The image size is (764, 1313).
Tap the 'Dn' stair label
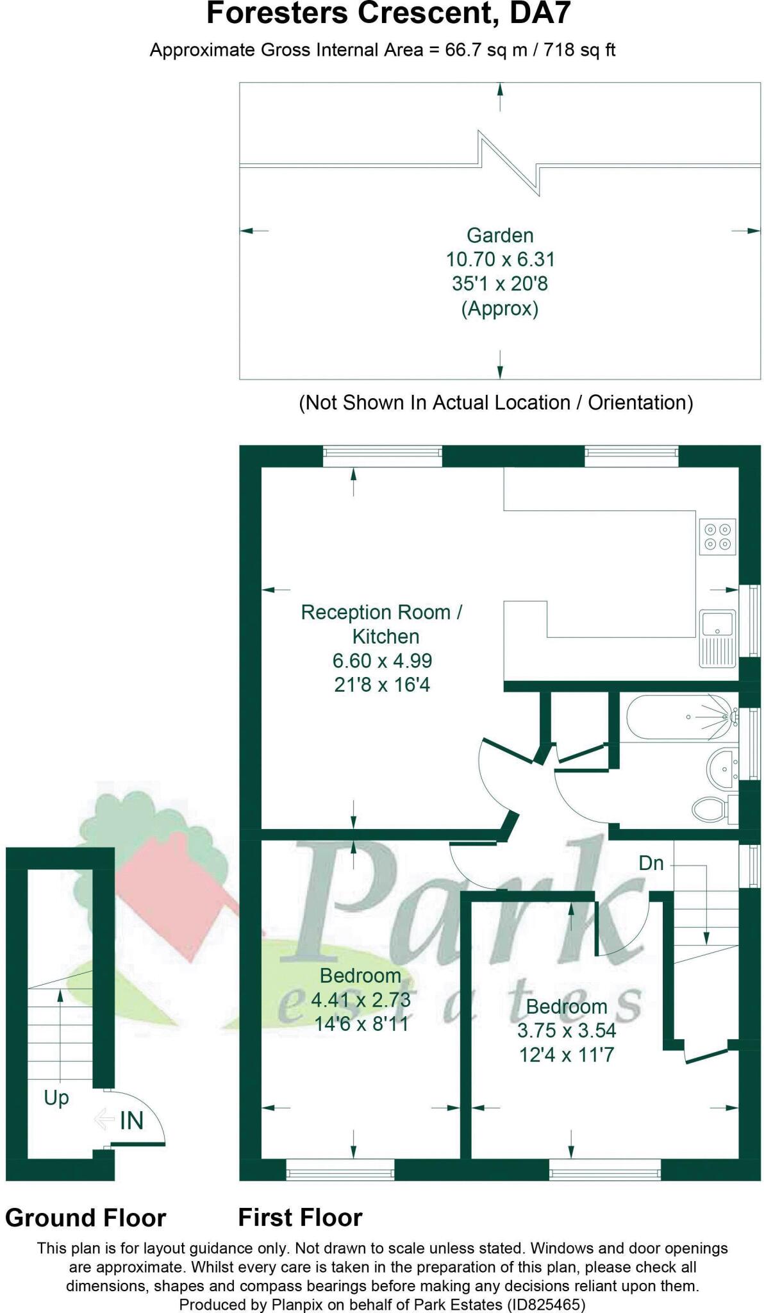[651, 863]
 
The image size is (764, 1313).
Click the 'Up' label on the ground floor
[56, 1098]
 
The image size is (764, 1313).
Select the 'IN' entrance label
[131, 1121]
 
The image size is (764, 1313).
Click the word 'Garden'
[500, 235]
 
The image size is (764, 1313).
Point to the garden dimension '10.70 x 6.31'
[500, 260]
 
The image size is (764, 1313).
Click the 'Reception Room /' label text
[381, 612]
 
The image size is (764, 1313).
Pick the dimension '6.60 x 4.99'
[382, 660]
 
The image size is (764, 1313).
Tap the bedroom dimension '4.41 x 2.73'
[361, 999]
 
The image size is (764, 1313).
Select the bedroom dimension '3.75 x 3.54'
[567, 1030]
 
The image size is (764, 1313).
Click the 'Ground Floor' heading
[86, 1217]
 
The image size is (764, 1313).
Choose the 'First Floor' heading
[301, 1217]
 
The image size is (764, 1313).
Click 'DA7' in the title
[540, 13]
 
